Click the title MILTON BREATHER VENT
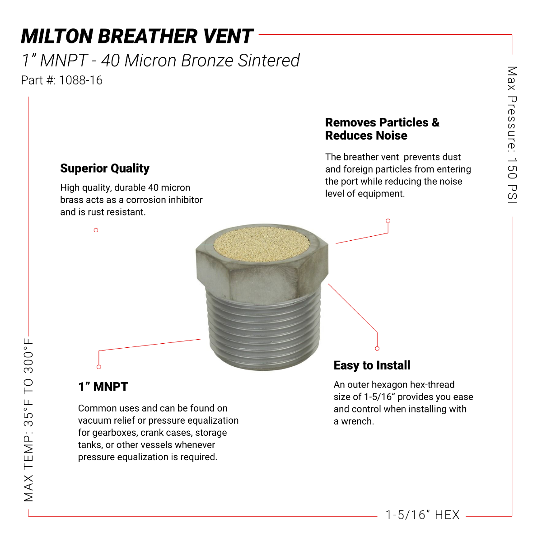click(x=137, y=37)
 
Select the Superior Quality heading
click(x=105, y=168)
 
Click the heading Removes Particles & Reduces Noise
click(x=382, y=129)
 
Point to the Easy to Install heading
click(x=372, y=365)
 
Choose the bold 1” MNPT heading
click(x=103, y=387)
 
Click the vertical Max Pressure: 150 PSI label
click(x=512, y=135)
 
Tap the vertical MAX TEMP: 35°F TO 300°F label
click(x=29, y=420)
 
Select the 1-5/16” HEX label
click(x=422, y=515)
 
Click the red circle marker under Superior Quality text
click(x=96, y=230)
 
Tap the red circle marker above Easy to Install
click(x=377, y=348)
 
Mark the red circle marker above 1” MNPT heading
click(x=99, y=367)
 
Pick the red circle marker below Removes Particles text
click(x=388, y=221)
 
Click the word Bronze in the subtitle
click(x=207, y=61)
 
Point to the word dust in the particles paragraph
click(x=451, y=157)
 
